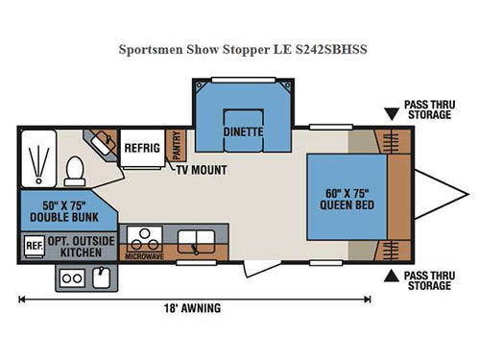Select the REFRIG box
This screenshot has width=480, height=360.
141,149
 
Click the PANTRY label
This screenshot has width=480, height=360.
175,147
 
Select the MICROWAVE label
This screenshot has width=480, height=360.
143,257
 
